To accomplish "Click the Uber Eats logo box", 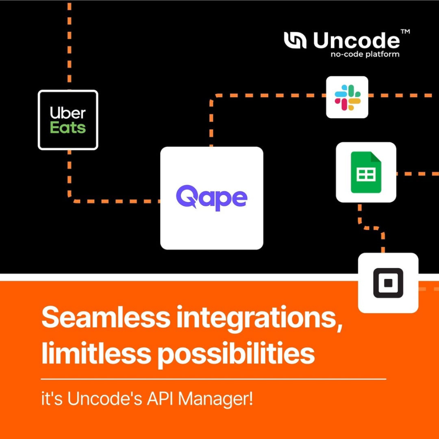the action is pos(68,120).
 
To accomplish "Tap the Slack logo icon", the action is pos(347,97).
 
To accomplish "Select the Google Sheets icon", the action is pos(366,172).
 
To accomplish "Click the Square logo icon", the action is pos(388,283).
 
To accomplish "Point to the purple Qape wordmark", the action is pos(212,198).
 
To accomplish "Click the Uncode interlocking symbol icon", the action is pos(295,40).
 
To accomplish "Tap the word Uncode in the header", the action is pos(357,40).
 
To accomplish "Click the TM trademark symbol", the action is pos(405,31).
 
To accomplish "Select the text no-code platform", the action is pos(365,54).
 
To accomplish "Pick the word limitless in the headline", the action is pos(95,352).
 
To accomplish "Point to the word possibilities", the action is pos(236,353).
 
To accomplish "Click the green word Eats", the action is pos(68,127).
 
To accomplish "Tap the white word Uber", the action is pos(68,113).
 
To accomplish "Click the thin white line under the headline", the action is pos(214,379).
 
